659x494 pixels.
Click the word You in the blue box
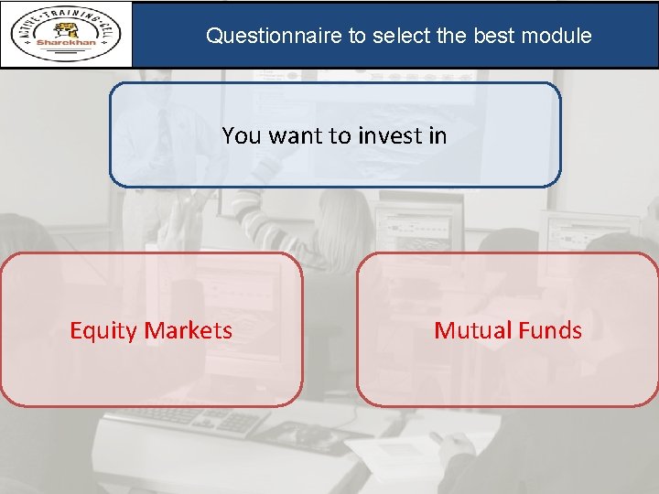coord(241,135)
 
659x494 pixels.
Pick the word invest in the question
coord(389,135)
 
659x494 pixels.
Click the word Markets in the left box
coord(188,330)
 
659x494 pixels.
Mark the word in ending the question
coord(437,135)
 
